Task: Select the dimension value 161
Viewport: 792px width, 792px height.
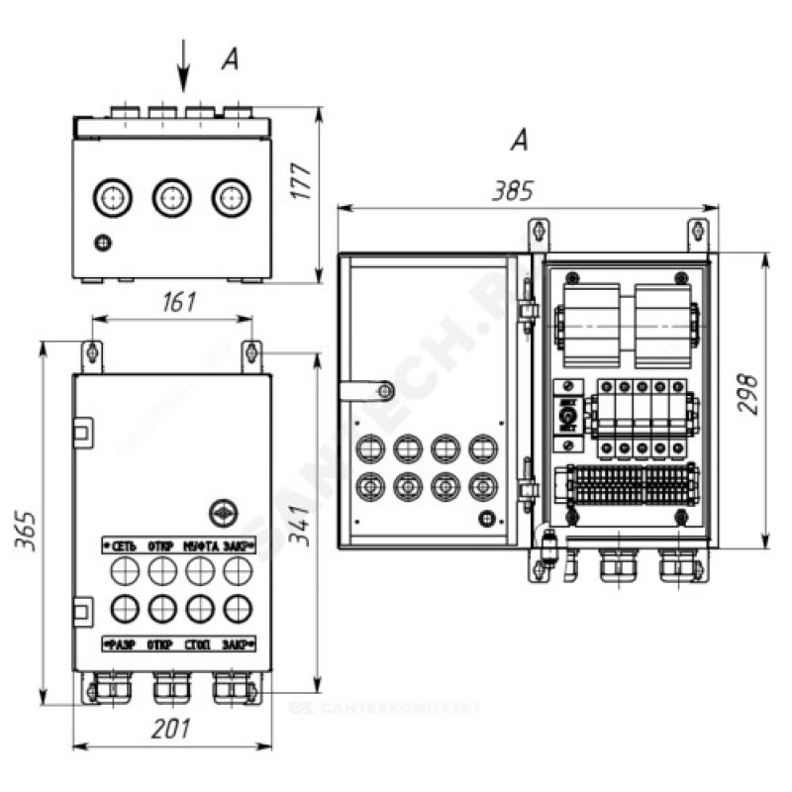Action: tap(178, 301)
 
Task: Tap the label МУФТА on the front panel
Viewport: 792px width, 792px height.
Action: tap(200, 546)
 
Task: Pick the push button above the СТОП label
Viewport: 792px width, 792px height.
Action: tap(199, 606)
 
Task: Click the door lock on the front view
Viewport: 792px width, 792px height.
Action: tap(223, 512)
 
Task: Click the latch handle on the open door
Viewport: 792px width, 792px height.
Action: tap(361, 389)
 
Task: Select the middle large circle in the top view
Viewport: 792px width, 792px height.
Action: tap(170, 198)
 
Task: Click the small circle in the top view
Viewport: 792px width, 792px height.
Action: tap(102, 243)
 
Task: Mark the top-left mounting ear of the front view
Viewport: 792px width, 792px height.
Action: tap(92, 352)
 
